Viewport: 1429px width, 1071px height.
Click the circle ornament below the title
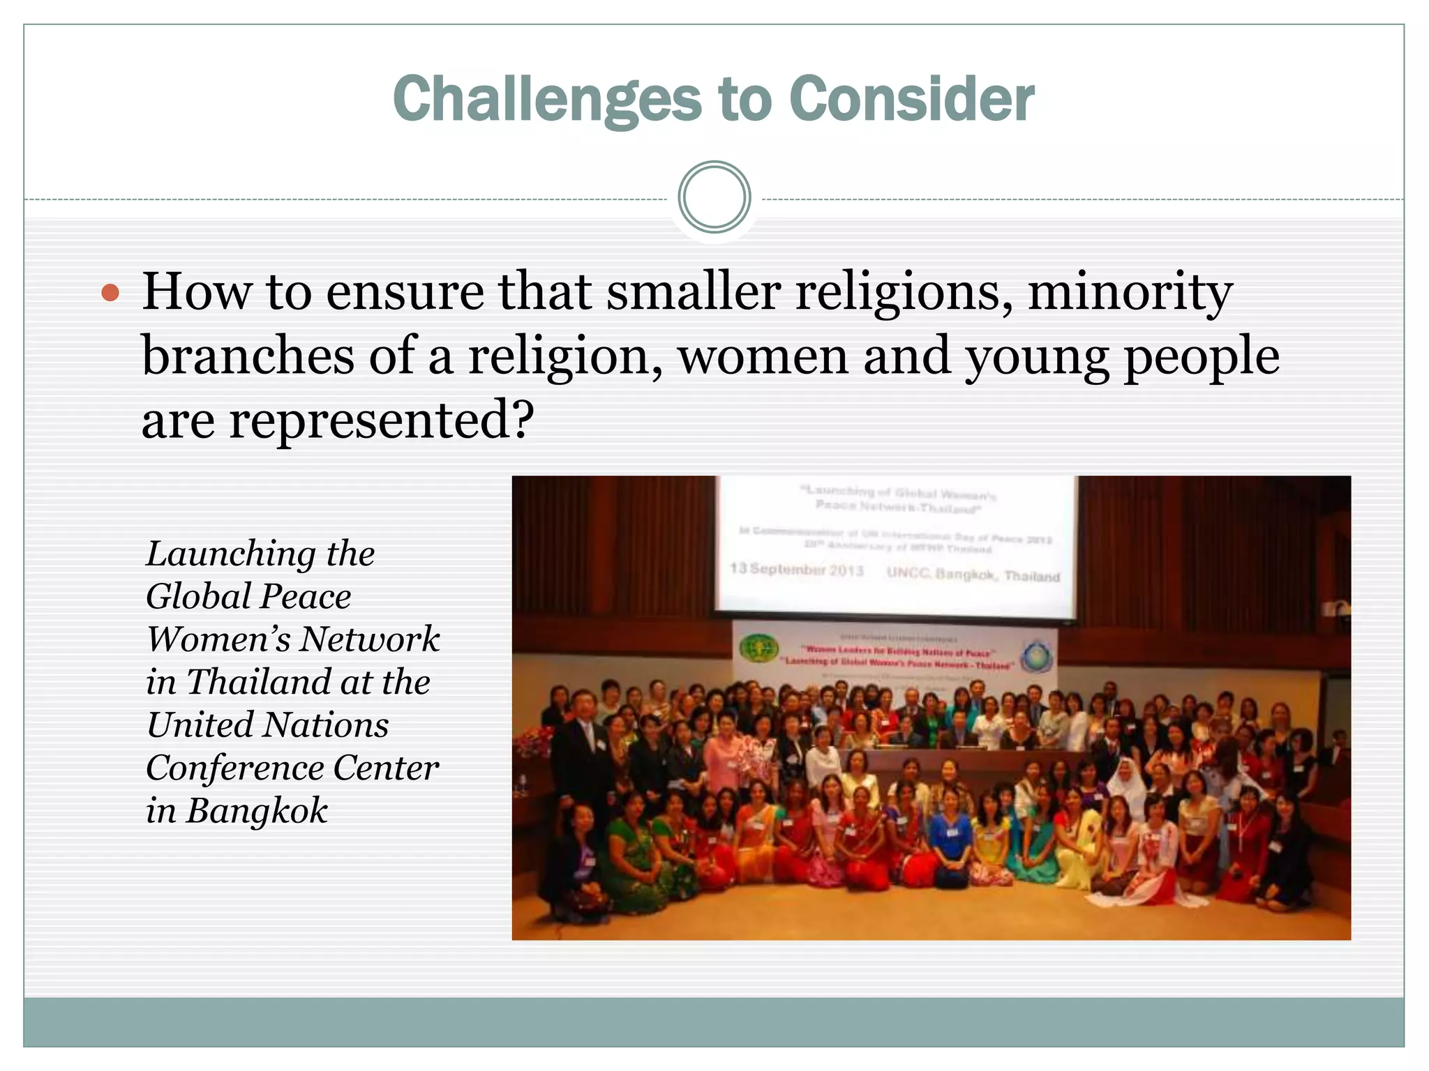(x=714, y=197)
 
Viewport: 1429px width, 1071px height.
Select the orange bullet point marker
(x=110, y=292)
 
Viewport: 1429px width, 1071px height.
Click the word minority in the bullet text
(x=1130, y=292)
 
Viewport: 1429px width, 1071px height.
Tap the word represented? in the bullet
(x=382, y=420)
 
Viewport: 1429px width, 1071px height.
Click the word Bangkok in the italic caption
(x=256, y=811)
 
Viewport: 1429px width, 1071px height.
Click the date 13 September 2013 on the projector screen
(x=796, y=570)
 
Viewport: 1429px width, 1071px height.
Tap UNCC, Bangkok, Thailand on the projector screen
(x=973, y=575)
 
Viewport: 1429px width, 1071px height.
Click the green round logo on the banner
(x=758, y=648)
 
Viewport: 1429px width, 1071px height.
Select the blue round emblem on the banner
(x=1038, y=658)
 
